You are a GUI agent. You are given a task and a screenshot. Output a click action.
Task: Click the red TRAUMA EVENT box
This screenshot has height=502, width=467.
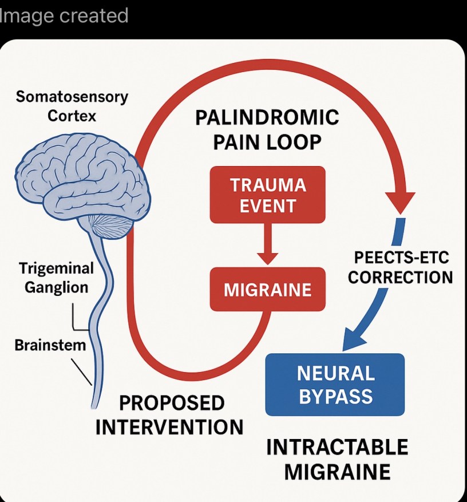267,195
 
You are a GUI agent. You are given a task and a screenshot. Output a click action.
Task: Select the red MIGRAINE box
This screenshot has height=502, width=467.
267,290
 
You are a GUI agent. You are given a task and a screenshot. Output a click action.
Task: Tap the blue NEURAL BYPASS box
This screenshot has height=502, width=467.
335,385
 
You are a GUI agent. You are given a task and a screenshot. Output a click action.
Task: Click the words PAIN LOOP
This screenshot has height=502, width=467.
267,143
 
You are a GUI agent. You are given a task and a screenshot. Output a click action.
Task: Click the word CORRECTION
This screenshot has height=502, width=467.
400,277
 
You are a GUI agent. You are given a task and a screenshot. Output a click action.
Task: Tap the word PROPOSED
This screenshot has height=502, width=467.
172,403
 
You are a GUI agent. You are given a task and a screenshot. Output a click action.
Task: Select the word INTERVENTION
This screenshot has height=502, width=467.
169,427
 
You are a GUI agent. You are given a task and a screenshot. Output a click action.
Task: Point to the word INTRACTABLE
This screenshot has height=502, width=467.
338,447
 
